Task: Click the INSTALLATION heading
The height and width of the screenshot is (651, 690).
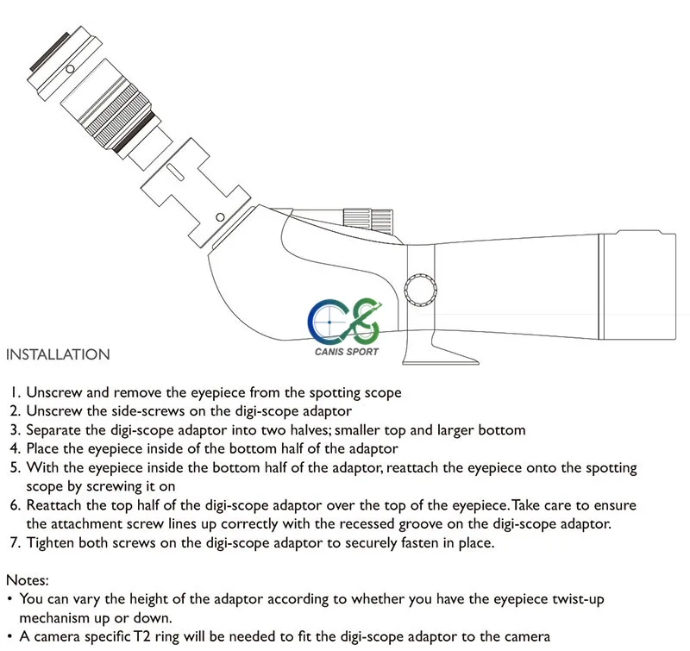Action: [58, 354]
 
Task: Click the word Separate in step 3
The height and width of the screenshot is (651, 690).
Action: [54, 429]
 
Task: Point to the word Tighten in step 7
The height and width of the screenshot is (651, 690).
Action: [52, 542]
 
